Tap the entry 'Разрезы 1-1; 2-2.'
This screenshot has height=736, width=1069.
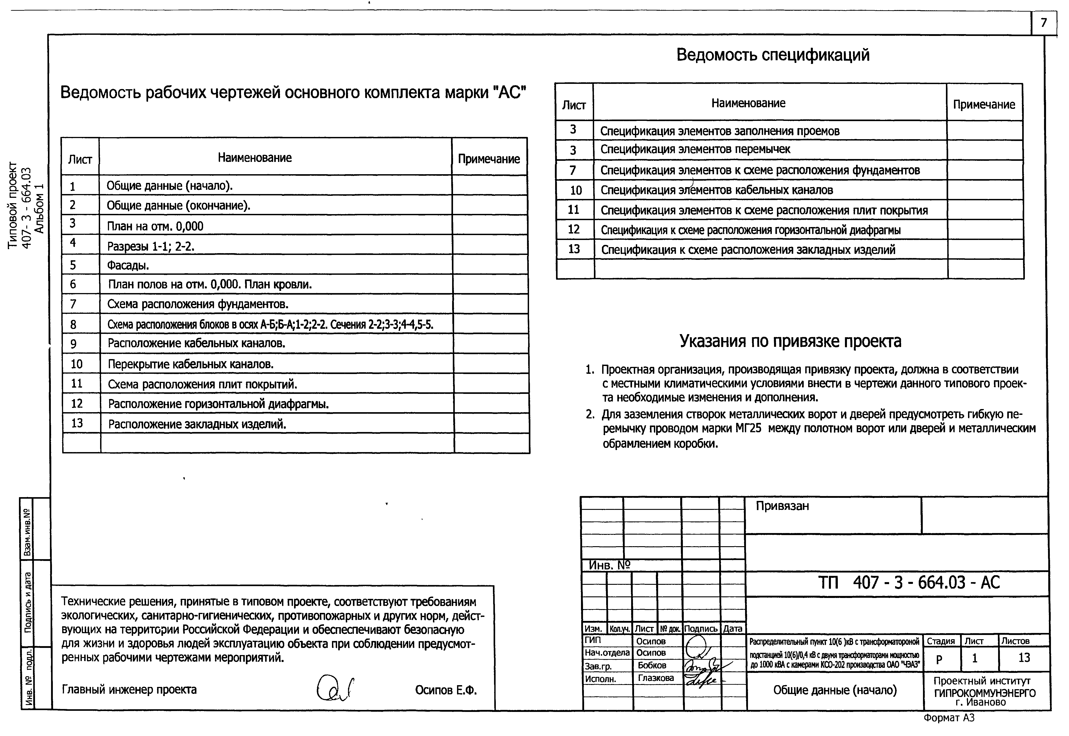coord(151,246)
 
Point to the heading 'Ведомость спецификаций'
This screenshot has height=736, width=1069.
coord(772,55)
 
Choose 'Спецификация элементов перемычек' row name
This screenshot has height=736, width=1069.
coord(695,149)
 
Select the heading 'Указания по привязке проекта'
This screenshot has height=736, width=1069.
coord(790,341)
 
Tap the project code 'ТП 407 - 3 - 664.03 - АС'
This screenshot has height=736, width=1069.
coord(909,582)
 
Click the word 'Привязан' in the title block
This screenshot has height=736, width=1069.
coord(782,506)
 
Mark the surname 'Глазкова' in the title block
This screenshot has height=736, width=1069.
coord(656,678)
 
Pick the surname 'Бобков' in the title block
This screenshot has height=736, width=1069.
coord(652,666)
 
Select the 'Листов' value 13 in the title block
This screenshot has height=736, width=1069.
coord(1024,658)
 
